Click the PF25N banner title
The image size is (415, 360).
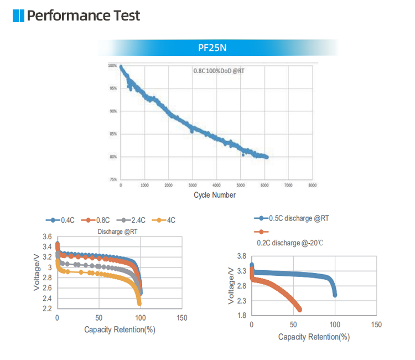click(x=212, y=48)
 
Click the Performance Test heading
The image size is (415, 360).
click(x=84, y=16)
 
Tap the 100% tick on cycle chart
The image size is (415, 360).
click(x=112, y=66)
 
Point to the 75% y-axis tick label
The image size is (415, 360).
click(x=112, y=179)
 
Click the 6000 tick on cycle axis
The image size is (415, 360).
click(x=264, y=186)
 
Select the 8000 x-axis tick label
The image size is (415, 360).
click(x=313, y=186)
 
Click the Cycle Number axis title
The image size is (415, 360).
click(x=215, y=195)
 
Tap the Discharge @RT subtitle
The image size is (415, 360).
click(x=118, y=232)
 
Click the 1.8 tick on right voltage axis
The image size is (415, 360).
click(x=241, y=316)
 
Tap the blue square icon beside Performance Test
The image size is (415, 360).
click(x=18, y=16)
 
